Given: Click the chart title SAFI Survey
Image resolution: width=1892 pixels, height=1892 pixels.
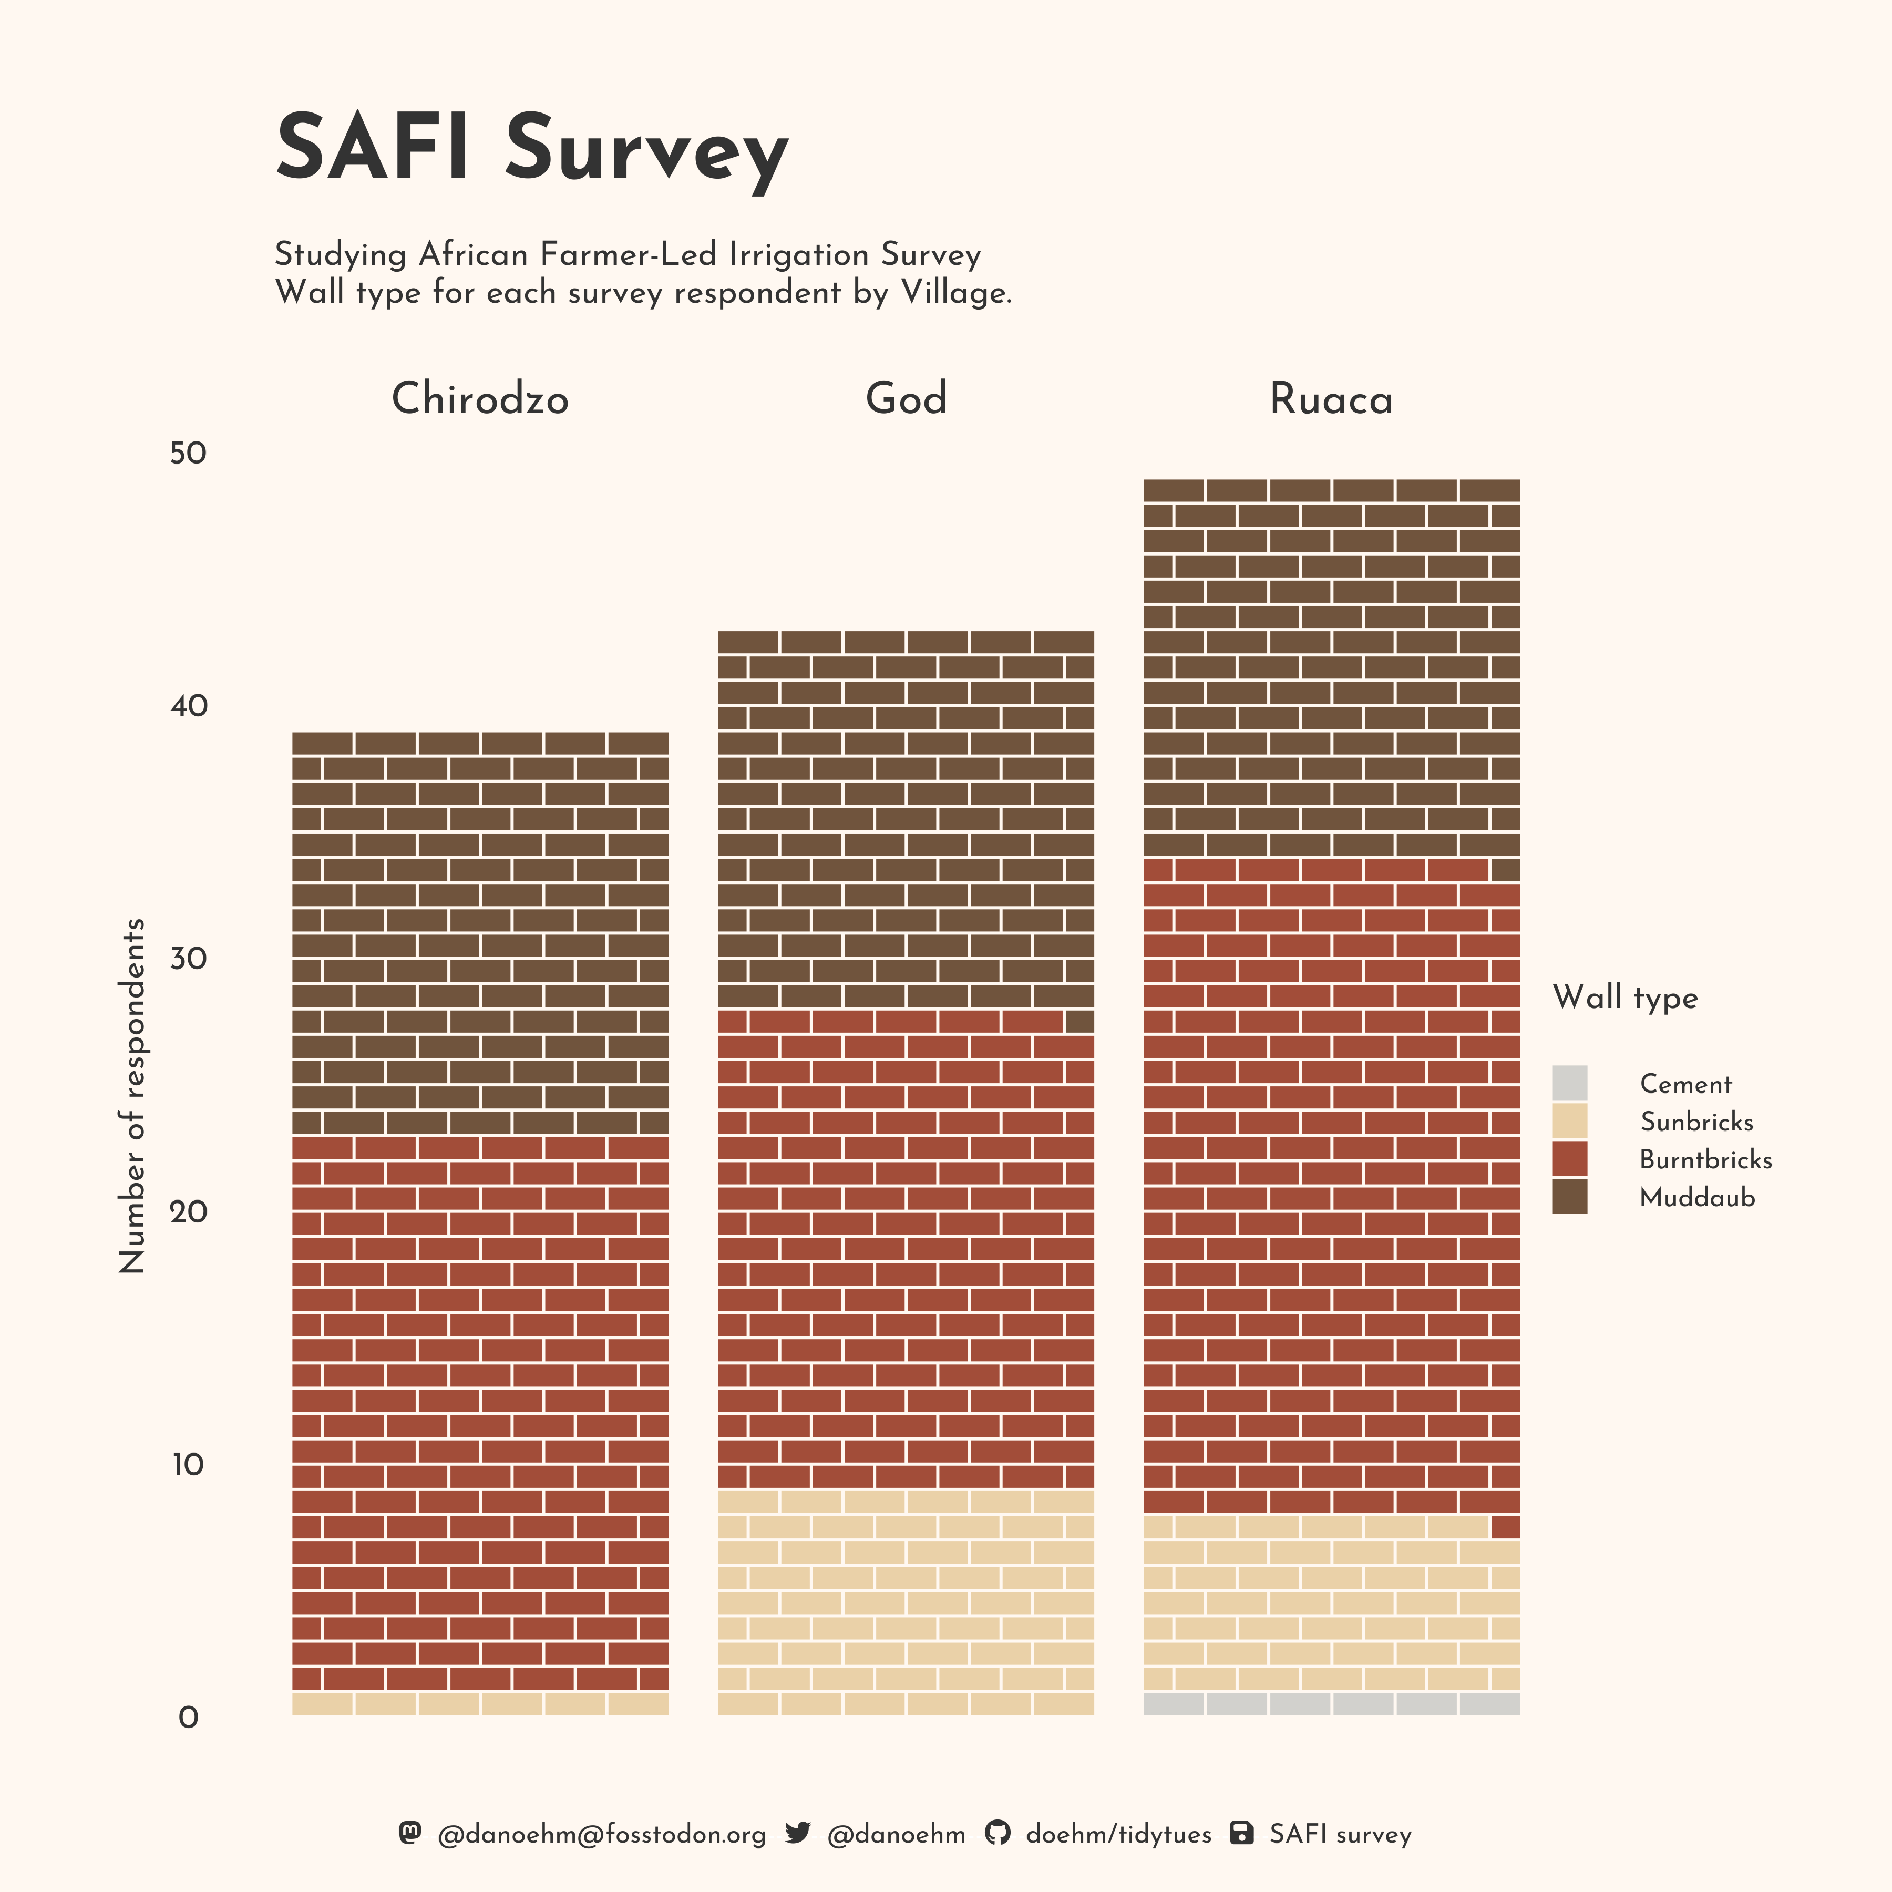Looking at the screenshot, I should click(532, 149).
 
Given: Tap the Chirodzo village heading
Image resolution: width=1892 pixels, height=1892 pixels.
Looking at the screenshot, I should click(480, 398).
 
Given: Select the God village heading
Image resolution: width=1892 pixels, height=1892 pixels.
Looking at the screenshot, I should click(906, 398).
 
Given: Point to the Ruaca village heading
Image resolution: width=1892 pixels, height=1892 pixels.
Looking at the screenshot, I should click(1331, 398).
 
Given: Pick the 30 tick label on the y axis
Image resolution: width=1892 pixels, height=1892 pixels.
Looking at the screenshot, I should click(188, 959).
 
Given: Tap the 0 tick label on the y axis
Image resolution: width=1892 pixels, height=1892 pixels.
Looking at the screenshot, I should click(188, 1718).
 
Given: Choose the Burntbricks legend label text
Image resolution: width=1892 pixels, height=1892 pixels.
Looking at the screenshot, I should click(1705, 1159).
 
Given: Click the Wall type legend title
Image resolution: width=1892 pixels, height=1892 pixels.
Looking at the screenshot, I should click(1624, 998).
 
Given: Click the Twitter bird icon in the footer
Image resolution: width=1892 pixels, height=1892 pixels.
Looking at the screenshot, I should click(798, 1833).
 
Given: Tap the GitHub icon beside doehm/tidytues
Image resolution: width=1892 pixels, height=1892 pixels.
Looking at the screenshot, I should click(997, 1833).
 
